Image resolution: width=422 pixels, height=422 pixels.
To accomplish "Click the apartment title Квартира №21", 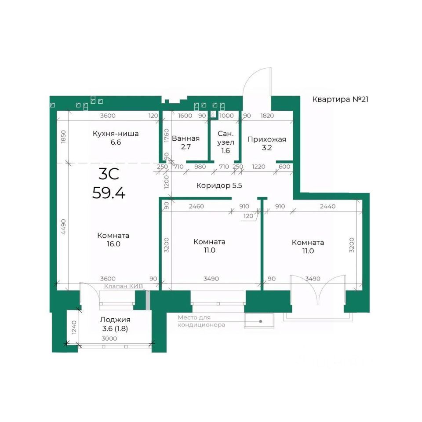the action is [340, 99].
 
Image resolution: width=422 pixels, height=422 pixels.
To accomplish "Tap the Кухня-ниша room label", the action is [116, 134].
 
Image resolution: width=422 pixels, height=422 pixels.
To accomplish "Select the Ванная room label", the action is [186, 138].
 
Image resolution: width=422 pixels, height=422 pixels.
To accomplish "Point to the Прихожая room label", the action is [267, 139].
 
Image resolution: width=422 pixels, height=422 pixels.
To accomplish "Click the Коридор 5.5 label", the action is [219, 186].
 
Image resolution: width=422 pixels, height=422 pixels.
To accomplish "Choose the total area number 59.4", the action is [109, 193].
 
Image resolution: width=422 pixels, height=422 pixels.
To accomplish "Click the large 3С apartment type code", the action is [109, 174].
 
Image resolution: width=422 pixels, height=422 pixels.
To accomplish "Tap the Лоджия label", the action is [115, 320].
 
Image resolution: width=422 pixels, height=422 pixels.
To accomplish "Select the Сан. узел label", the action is [226, 138].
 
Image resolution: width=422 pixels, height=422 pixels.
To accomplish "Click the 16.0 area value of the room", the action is [113, 244].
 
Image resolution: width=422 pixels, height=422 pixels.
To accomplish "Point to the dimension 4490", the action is [63, 227].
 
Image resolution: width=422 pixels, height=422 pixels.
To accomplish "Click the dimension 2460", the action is [196, 207].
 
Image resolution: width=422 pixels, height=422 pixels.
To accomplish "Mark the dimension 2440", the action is [328, 207].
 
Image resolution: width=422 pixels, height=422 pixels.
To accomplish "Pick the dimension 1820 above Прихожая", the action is [267, 116].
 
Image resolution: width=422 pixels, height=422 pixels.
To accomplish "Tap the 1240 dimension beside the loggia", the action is [74, 327].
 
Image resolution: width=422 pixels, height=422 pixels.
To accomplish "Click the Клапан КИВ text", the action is [124, 286].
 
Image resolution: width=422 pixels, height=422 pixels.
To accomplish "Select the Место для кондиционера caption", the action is [201, 321].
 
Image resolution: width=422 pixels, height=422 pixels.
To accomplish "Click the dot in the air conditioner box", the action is [261, 321].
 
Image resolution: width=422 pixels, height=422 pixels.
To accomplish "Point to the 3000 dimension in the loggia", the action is [109, 338].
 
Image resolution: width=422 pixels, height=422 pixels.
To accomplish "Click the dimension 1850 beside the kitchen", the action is [63, 137].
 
